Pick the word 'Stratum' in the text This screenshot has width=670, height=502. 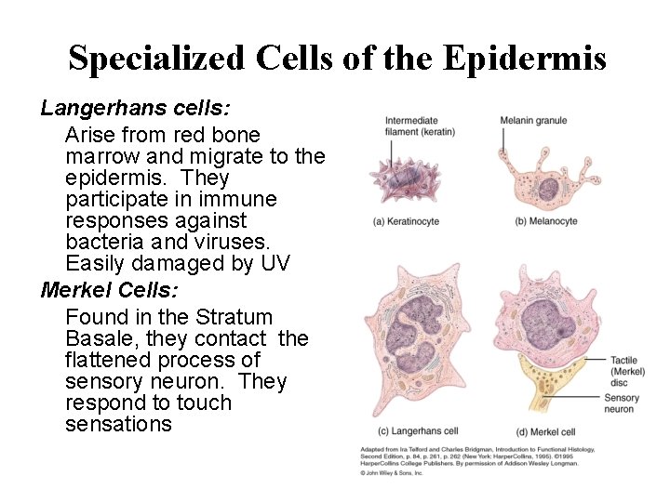(x=235, y=318)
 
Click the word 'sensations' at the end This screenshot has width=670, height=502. (x=118, y=425)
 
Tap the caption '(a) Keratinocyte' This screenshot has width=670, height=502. (x=406, y=222)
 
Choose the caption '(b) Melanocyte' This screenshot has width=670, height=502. (x=546, y=222)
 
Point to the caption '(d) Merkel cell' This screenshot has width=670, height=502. (x=545, y=432)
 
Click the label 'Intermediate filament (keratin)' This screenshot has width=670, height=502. (x=420, y=126)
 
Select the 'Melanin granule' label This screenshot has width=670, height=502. (x=533, y=121)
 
